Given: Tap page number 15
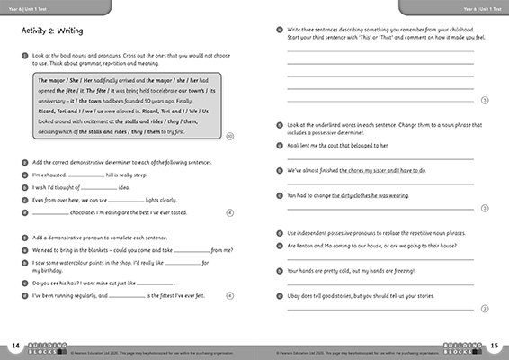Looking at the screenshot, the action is pos(493,345).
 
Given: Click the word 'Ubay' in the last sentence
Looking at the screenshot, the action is pos(294,295).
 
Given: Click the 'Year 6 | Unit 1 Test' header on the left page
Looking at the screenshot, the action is pos(34,8).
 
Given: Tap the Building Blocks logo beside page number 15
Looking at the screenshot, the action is pos(462,346).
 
